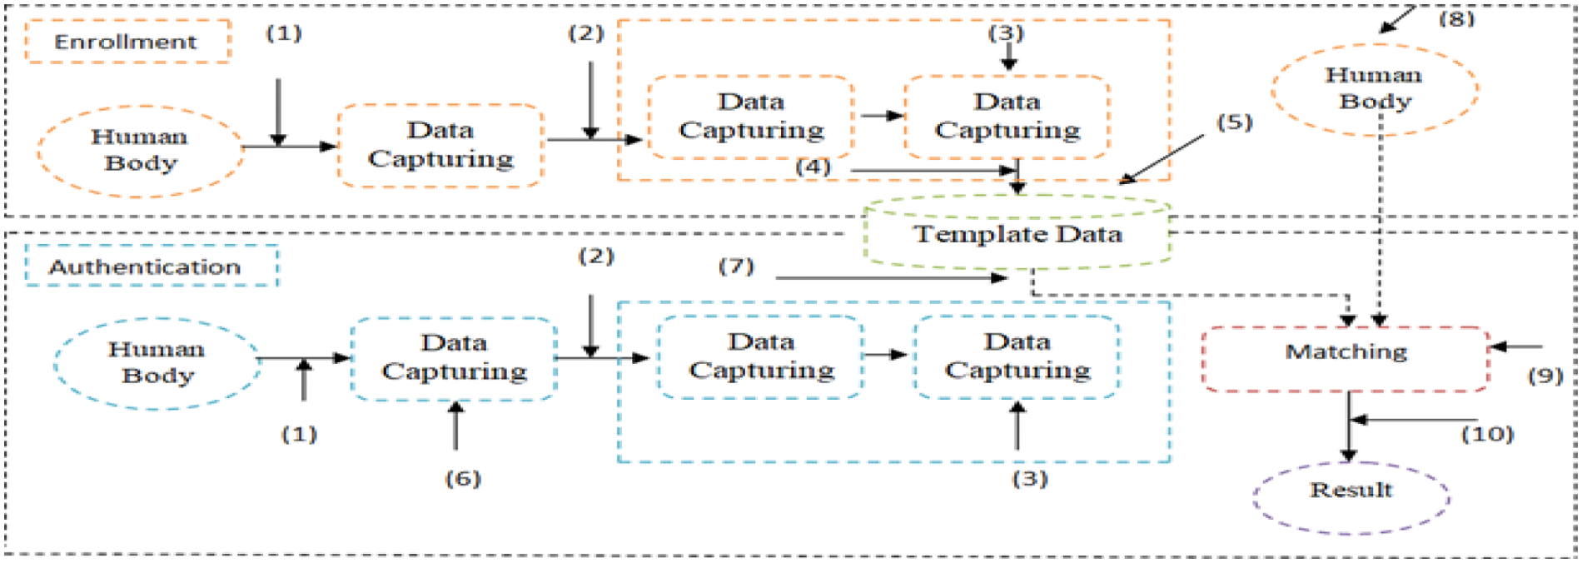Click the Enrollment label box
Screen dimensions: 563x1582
click(127, 42)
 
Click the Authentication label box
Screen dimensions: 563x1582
click(151, 267)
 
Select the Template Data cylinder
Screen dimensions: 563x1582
click(1017, 233)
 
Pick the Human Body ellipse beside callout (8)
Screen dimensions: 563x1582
click(1374, 89)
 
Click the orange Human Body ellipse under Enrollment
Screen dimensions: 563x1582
click(140, 151)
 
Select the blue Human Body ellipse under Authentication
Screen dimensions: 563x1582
click(157, 363)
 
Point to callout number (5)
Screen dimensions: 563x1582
click(1234, 122)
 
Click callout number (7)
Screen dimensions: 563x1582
click(736, 267)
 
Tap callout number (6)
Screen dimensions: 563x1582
click(463, 478)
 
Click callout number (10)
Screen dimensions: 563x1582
click(1487, 434)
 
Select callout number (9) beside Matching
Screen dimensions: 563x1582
click(1545, 376)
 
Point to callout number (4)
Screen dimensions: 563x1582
click(813, 167)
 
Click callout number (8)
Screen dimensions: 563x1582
click(1456, 18)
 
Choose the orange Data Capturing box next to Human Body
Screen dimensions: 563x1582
click(440, 145)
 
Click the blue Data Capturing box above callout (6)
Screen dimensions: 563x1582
click(454, 358)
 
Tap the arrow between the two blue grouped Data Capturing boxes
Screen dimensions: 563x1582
click(886, 355)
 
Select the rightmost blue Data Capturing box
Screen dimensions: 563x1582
click(1017, 356)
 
